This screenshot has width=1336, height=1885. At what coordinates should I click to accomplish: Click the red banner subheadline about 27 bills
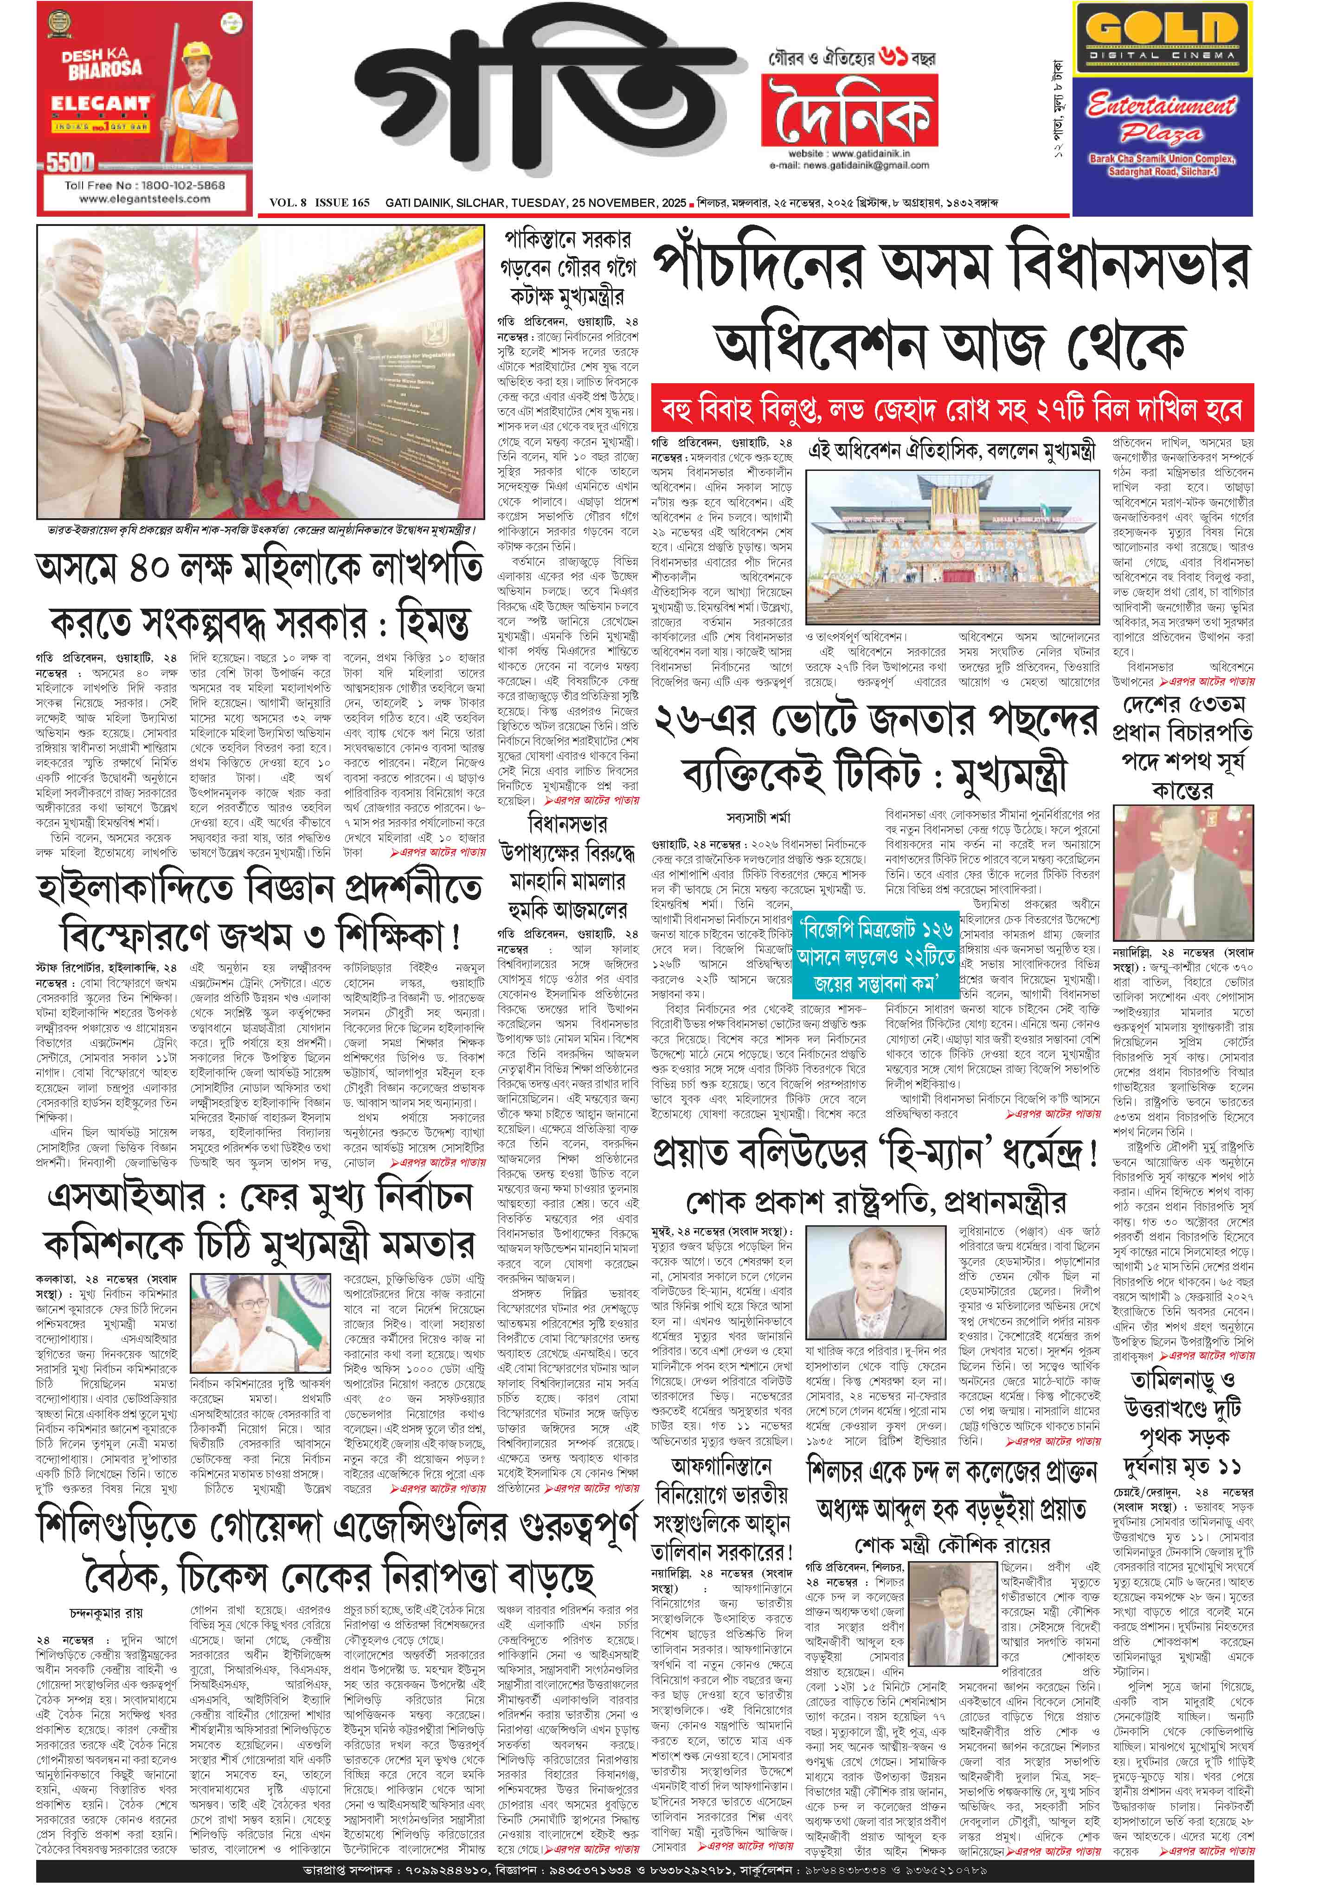(x=953, y=409)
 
